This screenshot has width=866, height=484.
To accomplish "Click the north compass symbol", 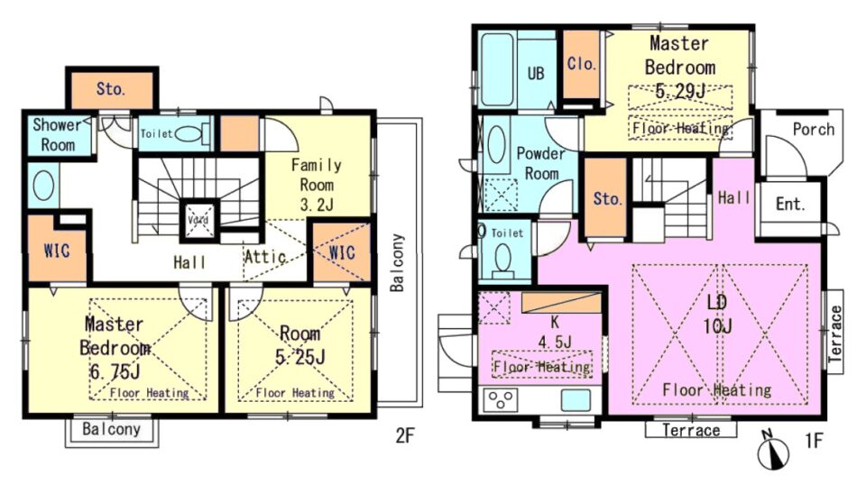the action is (773, 451).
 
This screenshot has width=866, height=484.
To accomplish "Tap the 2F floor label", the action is (405, 436).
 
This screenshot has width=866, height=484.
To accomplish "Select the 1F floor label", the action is (814, 441).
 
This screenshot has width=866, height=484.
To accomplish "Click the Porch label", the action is (813, 129).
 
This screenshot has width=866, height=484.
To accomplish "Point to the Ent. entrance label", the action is (790, 205).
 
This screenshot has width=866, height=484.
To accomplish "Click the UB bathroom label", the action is (535, 73).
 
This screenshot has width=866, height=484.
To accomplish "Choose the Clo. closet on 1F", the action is (582, 65).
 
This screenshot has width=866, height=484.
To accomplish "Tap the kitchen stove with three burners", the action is (501, 399).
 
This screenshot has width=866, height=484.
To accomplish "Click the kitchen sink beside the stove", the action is (576, 399).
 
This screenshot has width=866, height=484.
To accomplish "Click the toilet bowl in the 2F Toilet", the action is (188, 133).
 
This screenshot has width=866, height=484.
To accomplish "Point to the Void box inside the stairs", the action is (198, 220).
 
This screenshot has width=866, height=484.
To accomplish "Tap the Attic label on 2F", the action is (265, 257).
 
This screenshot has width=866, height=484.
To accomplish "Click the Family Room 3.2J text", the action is (317, 185).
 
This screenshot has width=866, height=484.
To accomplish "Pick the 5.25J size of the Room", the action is (300, 357).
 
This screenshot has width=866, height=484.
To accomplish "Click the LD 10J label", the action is (717, 314).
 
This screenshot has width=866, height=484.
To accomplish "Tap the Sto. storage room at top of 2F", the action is (112, 89).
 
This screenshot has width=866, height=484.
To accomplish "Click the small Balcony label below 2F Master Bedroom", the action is (112, 429).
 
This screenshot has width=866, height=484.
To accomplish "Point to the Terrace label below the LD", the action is (691, 430).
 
